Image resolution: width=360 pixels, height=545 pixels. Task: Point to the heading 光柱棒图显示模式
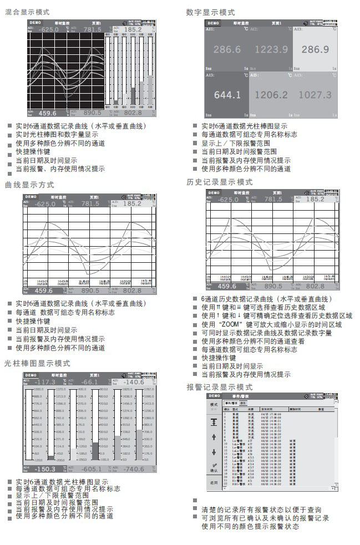(37, 364)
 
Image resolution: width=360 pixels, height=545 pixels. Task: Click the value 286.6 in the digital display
(227, 49)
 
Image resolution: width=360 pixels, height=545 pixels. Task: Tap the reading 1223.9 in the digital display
(271, 49)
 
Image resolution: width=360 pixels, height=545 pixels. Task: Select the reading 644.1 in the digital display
(227, 95)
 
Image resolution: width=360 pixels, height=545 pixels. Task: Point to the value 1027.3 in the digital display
(315, 95)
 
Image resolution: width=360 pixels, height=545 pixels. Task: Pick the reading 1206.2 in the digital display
(271, 95)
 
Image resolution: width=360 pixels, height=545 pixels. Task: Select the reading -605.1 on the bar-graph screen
(89, 468)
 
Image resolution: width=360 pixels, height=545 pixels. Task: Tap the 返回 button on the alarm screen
(214, 482)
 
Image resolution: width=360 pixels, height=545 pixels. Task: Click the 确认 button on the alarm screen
(214, 468)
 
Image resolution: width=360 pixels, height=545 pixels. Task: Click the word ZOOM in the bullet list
(229, 324)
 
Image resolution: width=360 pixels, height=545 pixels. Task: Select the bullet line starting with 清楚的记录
(261, 510)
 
